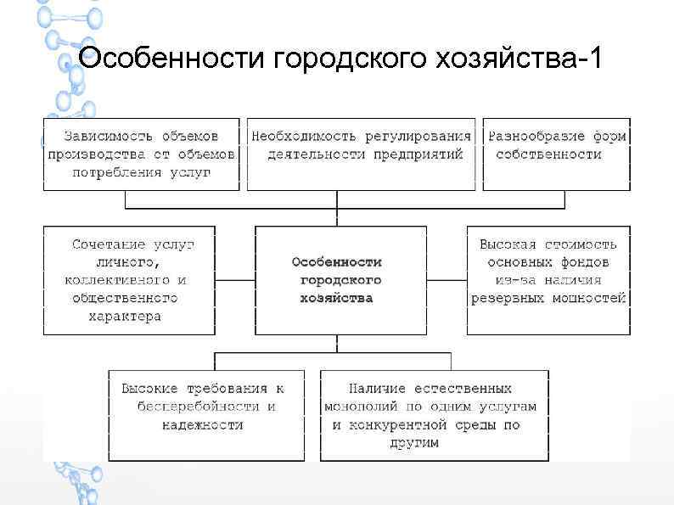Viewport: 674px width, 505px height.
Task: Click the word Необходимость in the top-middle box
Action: pos(301,136)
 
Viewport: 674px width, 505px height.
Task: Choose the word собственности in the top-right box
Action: pos(548,154)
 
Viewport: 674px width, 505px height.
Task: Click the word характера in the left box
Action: pos(125,316)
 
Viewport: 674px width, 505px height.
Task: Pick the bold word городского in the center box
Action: pos(340,280)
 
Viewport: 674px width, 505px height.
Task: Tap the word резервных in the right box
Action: pos(505,298)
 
